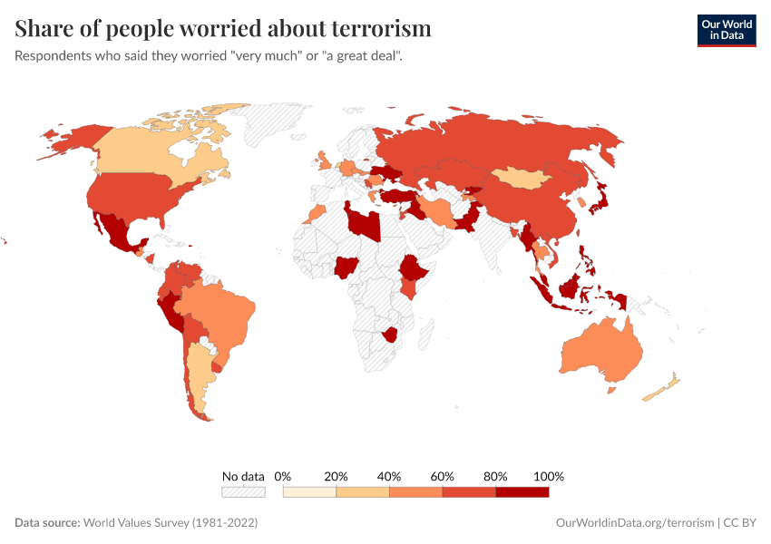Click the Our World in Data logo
point(726,29)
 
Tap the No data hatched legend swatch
point(243,491)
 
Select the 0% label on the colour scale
point(283,476)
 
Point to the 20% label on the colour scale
point(337,476)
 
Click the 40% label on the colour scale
point(389,476)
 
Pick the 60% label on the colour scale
point(443,476)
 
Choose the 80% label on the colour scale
point(496,476)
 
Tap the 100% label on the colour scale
point(549,476)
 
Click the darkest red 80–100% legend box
point(522,491)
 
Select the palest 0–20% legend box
point(309,491)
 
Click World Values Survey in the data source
point(170,523)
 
